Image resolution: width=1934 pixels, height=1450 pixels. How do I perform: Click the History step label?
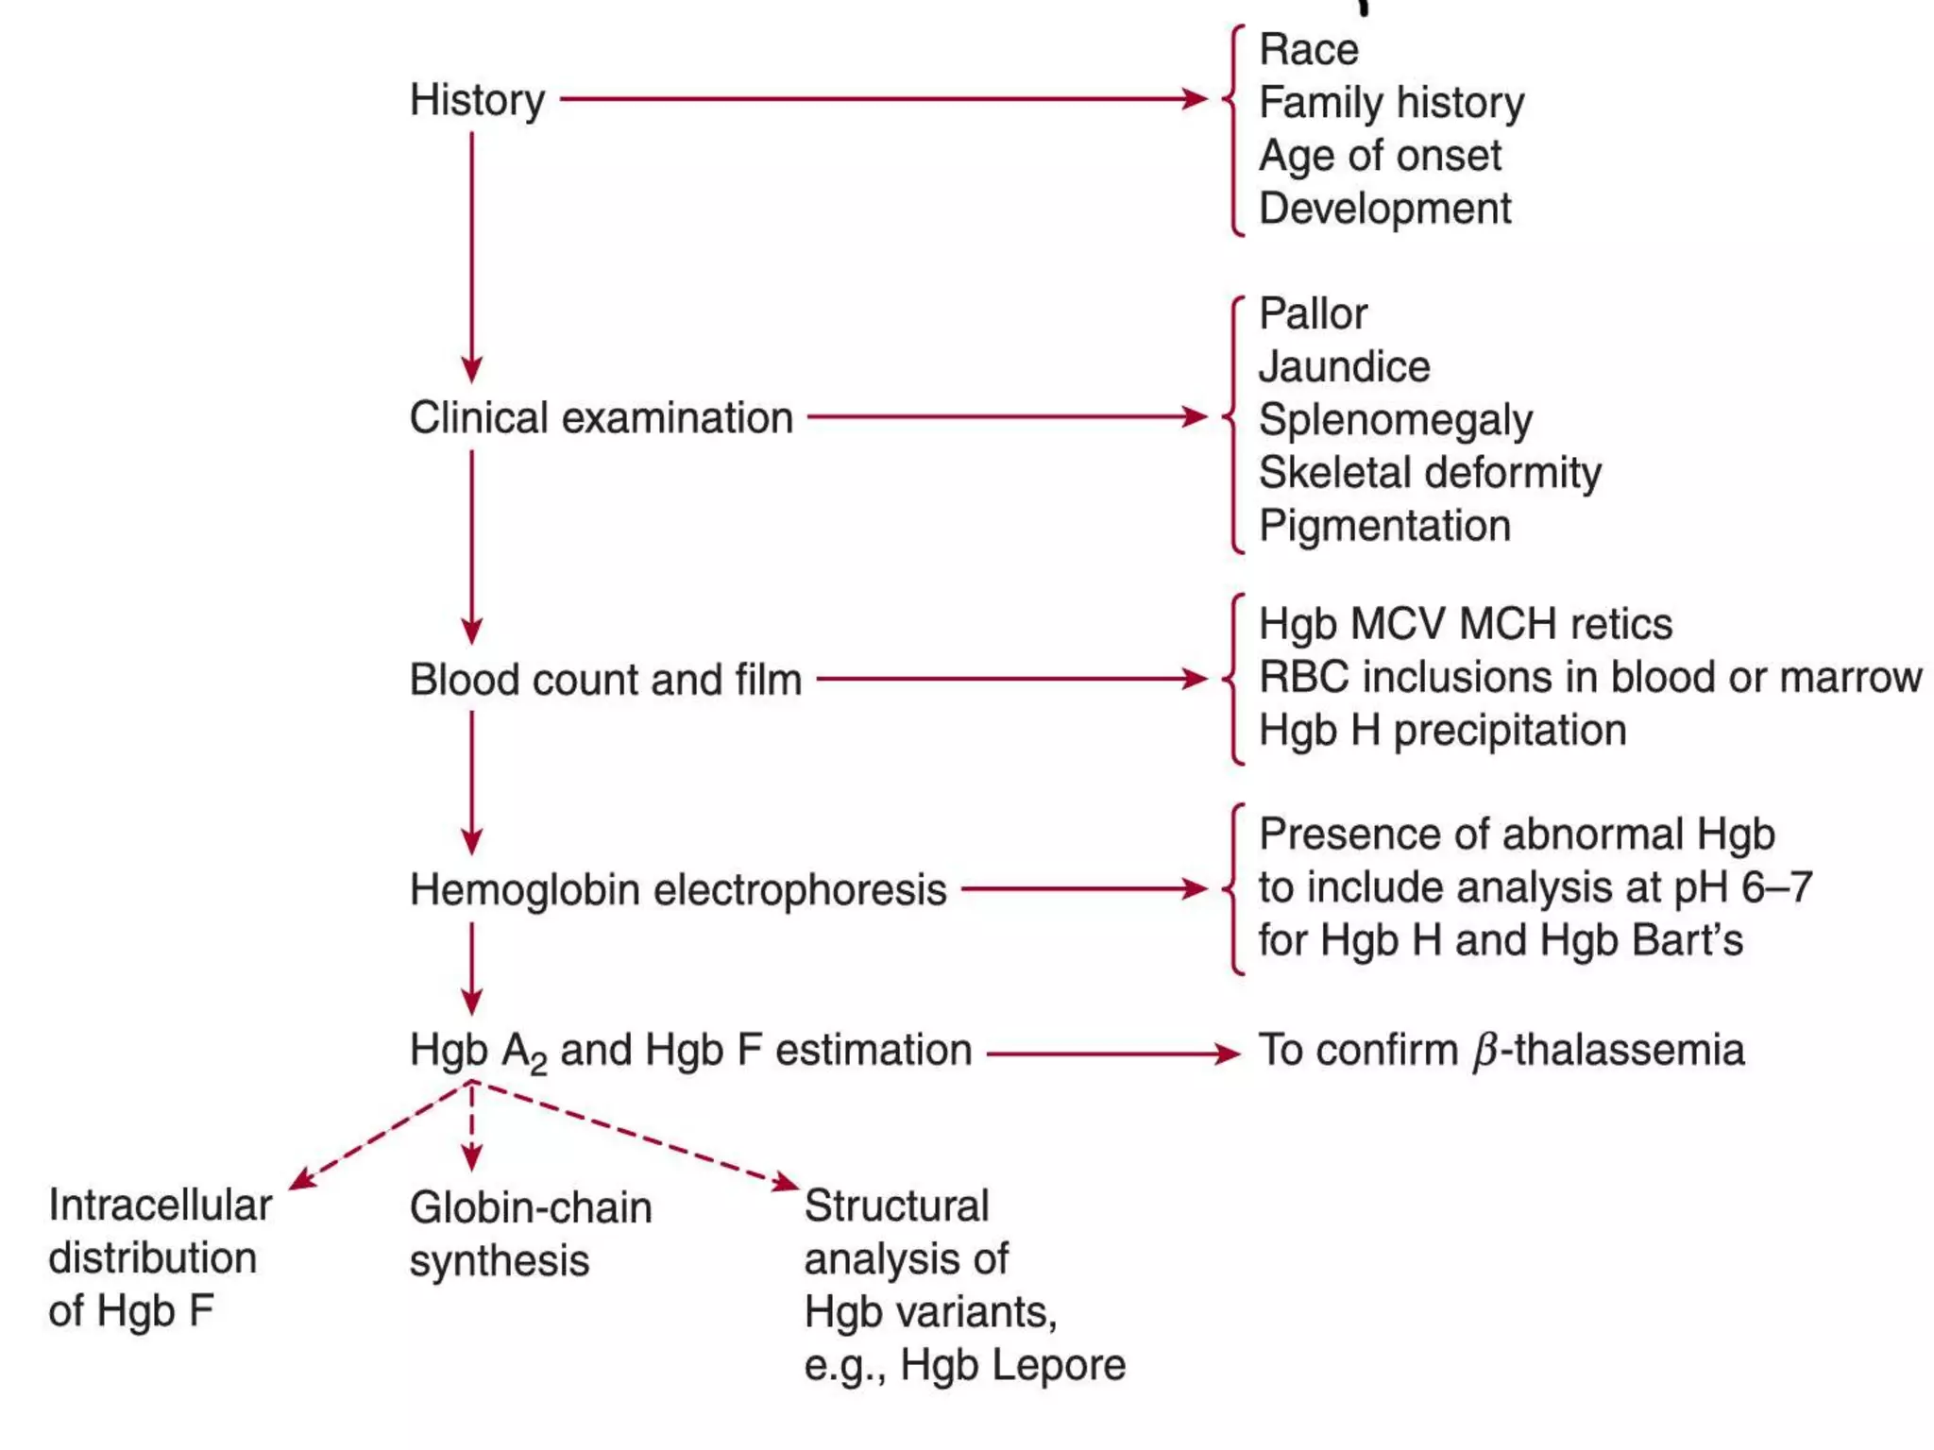pos(477,100)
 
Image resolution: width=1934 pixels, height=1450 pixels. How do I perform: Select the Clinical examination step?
pos(601,417)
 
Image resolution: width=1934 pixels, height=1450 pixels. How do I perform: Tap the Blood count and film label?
pos(605,680)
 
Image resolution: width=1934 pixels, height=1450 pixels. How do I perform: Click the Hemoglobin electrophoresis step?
pos(677,890)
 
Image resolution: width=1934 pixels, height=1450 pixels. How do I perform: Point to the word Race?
pos(1309,49)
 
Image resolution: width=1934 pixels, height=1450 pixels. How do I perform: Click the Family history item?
pos(1391,103)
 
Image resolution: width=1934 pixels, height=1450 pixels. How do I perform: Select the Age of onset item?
pos(1380,156)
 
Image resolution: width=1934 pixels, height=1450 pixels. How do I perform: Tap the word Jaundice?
pos(1344,366)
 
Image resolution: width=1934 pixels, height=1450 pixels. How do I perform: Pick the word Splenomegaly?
pos(1395,420)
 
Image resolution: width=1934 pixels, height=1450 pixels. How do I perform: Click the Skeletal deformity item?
pos(1430,472)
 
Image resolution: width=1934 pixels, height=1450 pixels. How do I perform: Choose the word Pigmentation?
pos(1384,526)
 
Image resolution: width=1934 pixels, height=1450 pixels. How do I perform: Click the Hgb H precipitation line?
pos(1442,731)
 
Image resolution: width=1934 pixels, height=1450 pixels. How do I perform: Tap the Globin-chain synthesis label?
pos(530,1234)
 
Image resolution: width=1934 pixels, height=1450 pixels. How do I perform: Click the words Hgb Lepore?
pos(1012,1365)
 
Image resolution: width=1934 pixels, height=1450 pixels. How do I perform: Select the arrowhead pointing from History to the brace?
pos(1196,98)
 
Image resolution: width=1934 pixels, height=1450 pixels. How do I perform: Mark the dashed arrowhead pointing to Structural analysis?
pos(787,1182)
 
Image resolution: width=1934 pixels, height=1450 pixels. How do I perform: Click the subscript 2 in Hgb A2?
pos(538,1064)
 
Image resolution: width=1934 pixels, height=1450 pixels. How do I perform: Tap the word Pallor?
pos(1313,313)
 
